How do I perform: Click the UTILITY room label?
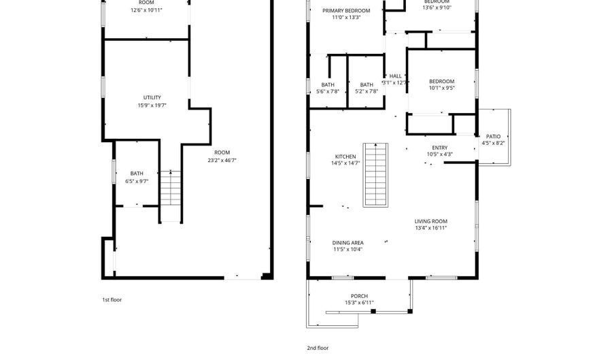tap(152, 97)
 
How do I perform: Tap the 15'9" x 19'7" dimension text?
tap(152, 105)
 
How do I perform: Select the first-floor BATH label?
tap(137, 174)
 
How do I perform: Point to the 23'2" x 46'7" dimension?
tap(222, 160)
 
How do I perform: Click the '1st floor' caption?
tap(112, 299)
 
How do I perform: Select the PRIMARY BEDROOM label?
tap(346, 11)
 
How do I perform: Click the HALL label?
tap(395, 76)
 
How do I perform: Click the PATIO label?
tap(493, 136)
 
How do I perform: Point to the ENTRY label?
tap(440, 147)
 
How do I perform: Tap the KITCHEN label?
tap(345, 156)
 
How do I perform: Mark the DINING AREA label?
tap(347, 242)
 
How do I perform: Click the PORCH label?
tap(359, 296)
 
